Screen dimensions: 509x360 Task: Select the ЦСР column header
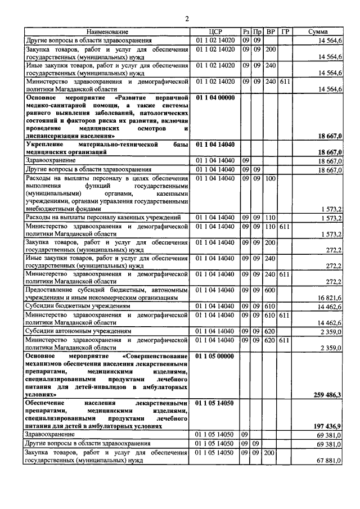tap(217, 32)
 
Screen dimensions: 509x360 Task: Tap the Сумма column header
tap(318, 32)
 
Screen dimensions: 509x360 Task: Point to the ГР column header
tap(285, 32)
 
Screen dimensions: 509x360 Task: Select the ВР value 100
tap(270, 178)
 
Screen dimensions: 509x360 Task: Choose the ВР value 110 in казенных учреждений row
tap(270, 217)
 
